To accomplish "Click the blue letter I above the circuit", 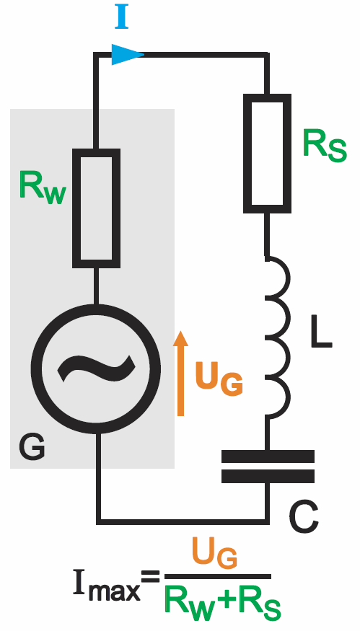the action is click(x=122, y=17).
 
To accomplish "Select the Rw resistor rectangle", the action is click(x=96, y=208).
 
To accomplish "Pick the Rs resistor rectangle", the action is click(x=268, y=154).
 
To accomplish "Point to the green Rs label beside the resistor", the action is click(x=325, y=147).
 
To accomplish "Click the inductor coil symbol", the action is click(x=278, y=337).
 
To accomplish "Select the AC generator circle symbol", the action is click(x=96, y=369).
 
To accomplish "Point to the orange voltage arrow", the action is click(x=180, y=373).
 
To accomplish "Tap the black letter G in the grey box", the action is click(x=32, y=448).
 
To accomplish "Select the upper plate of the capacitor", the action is click(x=268, y=456).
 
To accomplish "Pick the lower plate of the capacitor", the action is click(x=268, y=476).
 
